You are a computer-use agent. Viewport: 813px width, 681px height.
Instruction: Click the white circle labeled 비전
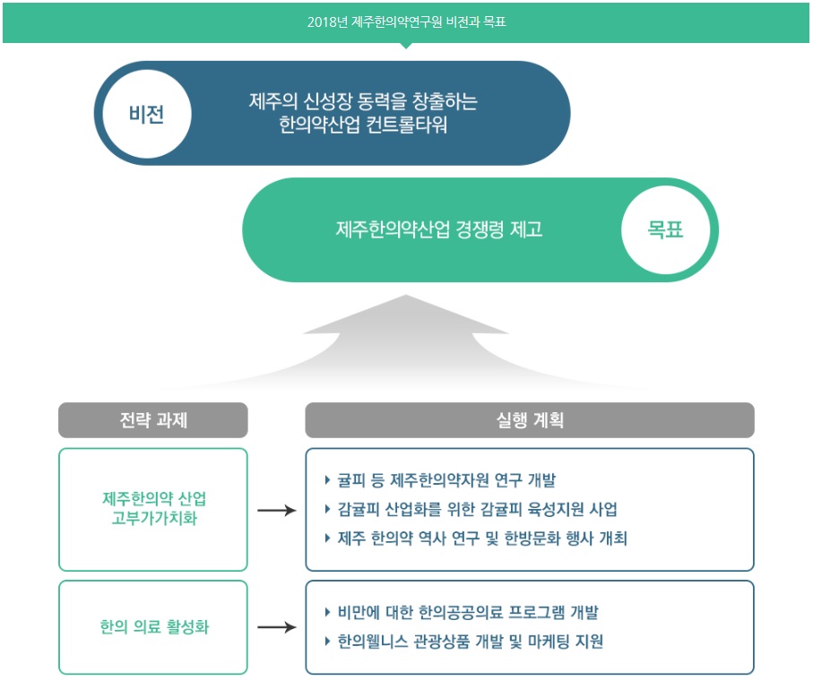pos(145,114)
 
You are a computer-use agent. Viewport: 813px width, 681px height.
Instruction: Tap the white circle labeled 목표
pos(665,229)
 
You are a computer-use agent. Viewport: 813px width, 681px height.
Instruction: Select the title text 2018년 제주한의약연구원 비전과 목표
pos(406,22)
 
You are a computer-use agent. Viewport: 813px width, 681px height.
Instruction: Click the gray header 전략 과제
pos(153,419)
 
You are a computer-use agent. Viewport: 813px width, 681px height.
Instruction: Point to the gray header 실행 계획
pos(529,419)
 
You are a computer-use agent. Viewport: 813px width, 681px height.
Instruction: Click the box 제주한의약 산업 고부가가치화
pos(153,509)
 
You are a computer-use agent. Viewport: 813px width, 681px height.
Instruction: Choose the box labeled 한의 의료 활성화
pos(153,627)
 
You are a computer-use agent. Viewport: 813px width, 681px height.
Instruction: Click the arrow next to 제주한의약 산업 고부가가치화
pos(276,510)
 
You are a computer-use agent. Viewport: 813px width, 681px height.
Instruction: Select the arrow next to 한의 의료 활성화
pos(276,627)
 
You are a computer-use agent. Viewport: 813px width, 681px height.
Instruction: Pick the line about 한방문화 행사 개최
pos(482,539)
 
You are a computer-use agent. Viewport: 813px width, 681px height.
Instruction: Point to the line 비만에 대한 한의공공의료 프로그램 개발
pos(467,613)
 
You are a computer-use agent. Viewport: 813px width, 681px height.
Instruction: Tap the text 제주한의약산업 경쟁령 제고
pos(439,229)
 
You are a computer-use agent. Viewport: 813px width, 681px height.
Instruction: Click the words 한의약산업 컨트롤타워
pos(363,125)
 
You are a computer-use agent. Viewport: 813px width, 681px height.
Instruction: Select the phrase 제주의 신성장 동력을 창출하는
pos(363,101)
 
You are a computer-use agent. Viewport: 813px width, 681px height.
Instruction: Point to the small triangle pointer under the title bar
pos(406,45)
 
